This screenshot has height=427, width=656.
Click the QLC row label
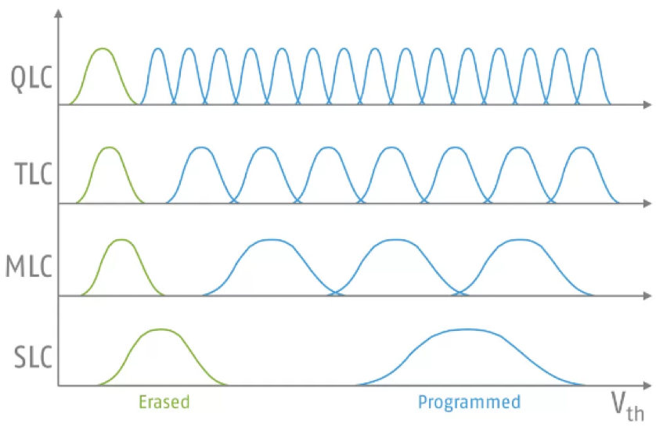point(31,78)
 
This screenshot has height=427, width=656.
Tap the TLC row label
point(34,174)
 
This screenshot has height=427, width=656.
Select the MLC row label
point(29,267)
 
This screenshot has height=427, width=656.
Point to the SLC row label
point(33,357)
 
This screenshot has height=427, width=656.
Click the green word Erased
point(164,402)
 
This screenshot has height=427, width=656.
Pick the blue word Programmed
point(470,402)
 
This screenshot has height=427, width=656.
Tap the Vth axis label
point(628,407)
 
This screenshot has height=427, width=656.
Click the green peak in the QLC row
point(103,49)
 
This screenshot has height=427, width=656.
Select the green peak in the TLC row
point(110,148)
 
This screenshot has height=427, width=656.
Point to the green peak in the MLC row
point(122,240)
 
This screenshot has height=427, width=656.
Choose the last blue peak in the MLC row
point(520,240)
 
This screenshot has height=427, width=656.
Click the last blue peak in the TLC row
point(582,148)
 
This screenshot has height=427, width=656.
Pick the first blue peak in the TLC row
point(202,148)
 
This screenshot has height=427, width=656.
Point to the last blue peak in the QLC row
point(592,49)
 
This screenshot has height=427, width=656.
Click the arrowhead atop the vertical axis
point(59,13)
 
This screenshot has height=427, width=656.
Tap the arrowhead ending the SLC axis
point(647,386)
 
